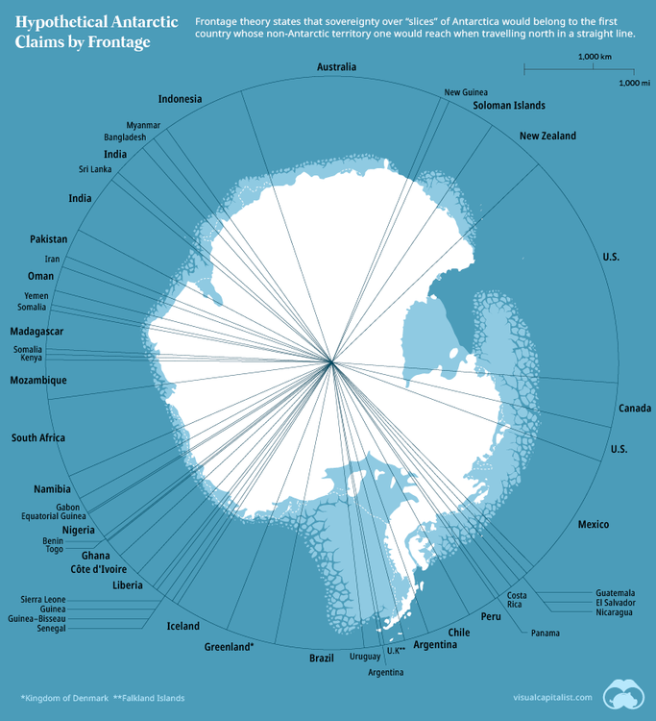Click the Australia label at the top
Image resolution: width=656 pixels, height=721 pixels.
point(336,67)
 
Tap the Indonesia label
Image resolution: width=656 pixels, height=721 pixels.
point(180,99)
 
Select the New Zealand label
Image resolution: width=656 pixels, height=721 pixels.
point(547,137)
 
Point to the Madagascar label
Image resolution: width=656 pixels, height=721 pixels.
point(36,332)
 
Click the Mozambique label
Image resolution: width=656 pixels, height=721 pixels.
point(38,381)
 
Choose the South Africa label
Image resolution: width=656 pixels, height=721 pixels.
point(38,438)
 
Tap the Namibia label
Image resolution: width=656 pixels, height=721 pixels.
point(52,489)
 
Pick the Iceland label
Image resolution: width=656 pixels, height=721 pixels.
point(183,626)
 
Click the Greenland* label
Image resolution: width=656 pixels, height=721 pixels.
point(229,647)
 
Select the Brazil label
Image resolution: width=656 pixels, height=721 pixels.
point(321,658)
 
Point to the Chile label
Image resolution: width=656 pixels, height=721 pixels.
point(458,633)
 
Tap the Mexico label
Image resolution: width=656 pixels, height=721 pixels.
point(593,524)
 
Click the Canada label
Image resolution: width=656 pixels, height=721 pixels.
point(635,409)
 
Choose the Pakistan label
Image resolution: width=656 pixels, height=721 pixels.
point(49,238)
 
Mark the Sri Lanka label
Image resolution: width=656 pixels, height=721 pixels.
point(95,169)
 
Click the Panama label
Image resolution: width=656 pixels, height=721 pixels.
point(545,633)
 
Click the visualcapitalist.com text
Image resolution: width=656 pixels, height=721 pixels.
point(552,697)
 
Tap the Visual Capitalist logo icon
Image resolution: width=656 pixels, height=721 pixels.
point(624,694)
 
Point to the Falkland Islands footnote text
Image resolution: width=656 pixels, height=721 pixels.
point(149,697)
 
